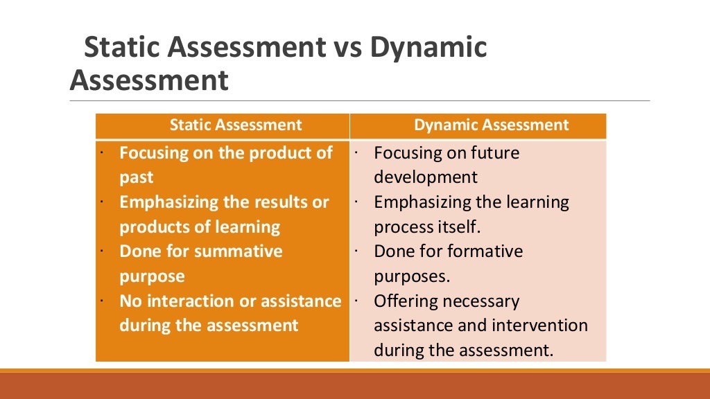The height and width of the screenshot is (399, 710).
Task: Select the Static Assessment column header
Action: (x=236, y=125)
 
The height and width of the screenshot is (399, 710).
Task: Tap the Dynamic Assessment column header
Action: (x=491, y=125)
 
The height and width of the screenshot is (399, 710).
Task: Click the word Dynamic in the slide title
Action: (x=428, y=48)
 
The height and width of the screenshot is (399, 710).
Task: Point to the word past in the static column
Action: (x=137, y=177)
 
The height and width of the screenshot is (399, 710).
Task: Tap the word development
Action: (x=426, y=177)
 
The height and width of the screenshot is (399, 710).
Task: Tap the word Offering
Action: (x=403, y=301)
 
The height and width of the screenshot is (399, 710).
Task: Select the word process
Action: (x=404, y=227)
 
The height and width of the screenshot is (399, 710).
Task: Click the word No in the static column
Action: (x=130, y=301)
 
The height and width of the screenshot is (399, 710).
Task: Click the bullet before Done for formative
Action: (x=355, y=248)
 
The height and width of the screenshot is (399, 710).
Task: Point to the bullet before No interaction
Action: (x=101, y=300)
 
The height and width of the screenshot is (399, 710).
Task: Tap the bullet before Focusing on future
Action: (x=355, y=150)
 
